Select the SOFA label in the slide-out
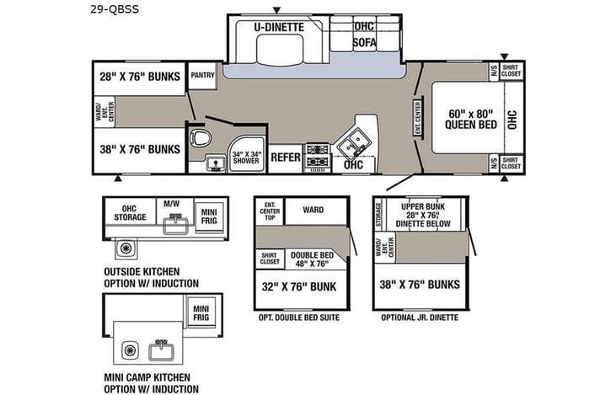point(364,42)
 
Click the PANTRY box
point(203,75)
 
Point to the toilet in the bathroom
point(200,138)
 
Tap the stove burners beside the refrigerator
point(317,155)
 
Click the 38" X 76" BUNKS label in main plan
point(140,149)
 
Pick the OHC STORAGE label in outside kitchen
point(131,211)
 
